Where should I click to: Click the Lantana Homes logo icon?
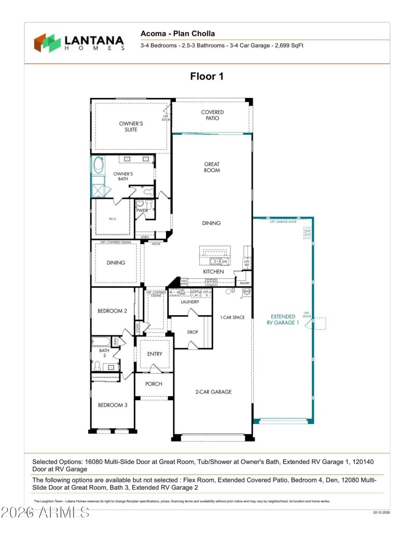(47, 43)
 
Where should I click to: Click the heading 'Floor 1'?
(206, 77)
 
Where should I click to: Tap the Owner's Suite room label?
(131, 126)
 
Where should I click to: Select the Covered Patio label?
(212, 115)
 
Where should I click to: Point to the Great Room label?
(212, 167)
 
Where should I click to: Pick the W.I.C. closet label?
(113, 219)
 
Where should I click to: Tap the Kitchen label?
(213, 272)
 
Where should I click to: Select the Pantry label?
(245, 284)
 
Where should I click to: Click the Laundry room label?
(190, 302)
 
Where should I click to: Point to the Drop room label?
(192, 332)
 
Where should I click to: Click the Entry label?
(155, 354)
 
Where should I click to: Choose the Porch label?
(154, 384)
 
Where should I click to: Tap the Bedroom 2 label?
(112, 311)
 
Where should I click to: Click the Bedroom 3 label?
(112, 405)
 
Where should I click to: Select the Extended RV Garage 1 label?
(283, 319)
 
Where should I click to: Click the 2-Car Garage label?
(213, 392)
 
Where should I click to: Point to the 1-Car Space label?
(232, 317)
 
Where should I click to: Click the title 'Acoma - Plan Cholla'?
(177, 34)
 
